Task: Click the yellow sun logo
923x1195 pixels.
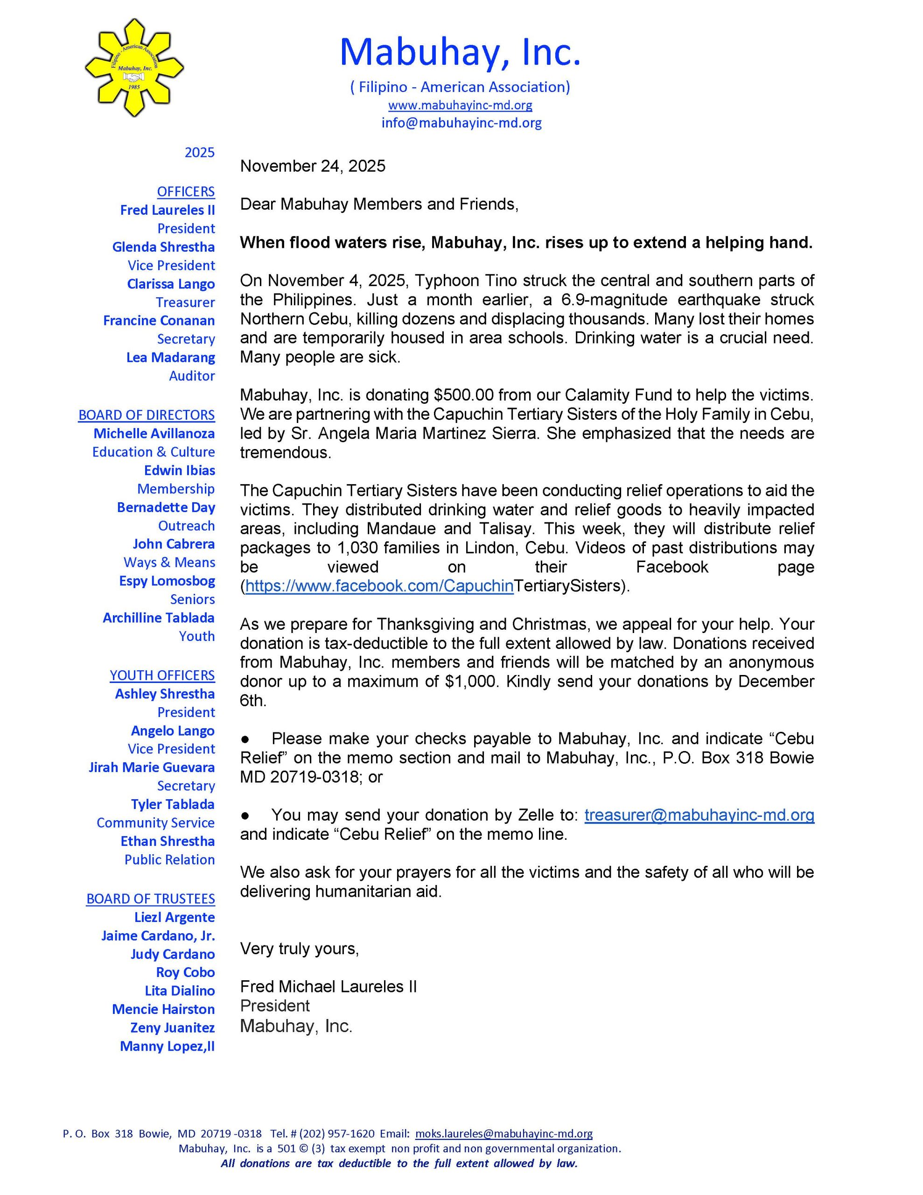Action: click(x=133, y=67)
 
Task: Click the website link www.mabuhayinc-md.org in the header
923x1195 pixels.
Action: click(x=460, y=105)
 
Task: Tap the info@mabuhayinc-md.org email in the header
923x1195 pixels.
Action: click(x=461, y=123)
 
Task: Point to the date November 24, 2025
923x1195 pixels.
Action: click(x=312, y=166)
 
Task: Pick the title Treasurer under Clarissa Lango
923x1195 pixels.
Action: click(x=185, y=302)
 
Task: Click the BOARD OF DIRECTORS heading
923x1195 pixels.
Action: click(x=146, y=415)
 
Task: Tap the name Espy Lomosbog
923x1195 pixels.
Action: click(x=167, y=581)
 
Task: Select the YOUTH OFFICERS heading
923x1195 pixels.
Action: click(x=162, y=675)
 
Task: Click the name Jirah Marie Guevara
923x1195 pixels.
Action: click(x=152, y=767)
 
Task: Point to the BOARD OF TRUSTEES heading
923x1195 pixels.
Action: click(x=150, y=899)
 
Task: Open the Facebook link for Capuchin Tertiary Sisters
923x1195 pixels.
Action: click(x=379, y=585)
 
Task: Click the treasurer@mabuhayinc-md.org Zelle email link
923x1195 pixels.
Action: click(x=699, y=815)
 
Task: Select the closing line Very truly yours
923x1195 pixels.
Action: click(x=299, y=948)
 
